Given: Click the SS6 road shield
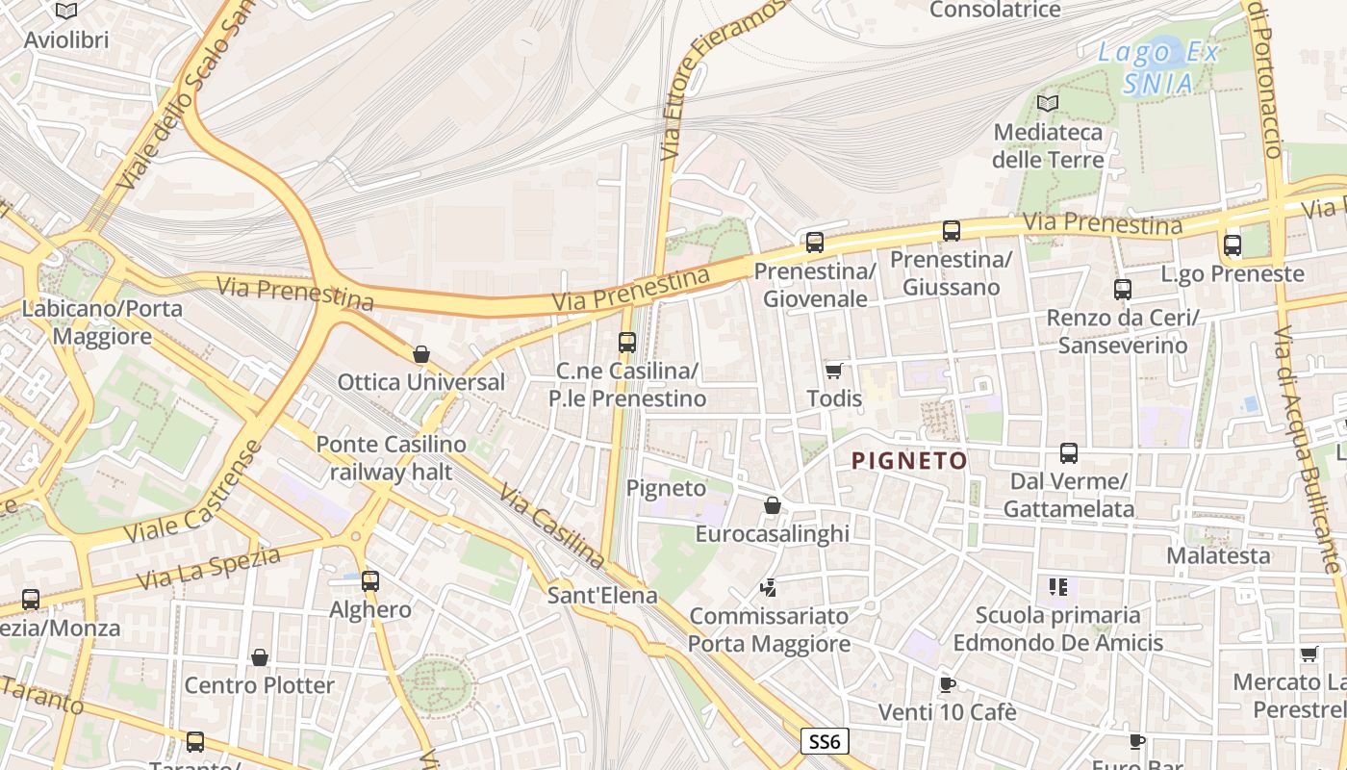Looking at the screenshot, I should (x=825, y=741).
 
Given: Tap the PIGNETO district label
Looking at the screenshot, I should (x=909, y=461).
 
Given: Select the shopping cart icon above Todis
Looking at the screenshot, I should (x=833, y=371).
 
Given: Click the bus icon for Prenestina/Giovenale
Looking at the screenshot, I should (x=815, y=242).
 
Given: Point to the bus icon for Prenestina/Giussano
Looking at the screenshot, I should (x=952, y=230).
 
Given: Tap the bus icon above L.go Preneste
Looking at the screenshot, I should (x=1233, y=244).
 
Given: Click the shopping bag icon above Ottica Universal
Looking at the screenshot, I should (x=420, y=354).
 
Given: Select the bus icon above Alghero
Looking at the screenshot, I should (x=370, y=580).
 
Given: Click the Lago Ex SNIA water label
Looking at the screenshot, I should (x=1158, y=67).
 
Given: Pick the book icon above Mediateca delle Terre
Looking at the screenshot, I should (x=1048, y=103).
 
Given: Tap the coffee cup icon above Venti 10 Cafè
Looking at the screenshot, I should (x=947, y=684).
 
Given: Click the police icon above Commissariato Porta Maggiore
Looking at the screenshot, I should (x=768, y=586).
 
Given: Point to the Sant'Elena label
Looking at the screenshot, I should (x=602, y=595).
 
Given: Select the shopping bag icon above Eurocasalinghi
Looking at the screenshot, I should (x=772, y=504).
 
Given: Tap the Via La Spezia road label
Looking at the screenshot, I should (x=209, y=568).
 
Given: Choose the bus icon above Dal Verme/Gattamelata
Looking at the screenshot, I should (x=1068, y=452).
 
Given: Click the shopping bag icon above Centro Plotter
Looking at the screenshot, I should (x=259, y=657).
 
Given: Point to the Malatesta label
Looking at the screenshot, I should (x=1218, y=555).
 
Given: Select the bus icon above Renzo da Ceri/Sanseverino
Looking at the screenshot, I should (x=1122, y=289).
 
